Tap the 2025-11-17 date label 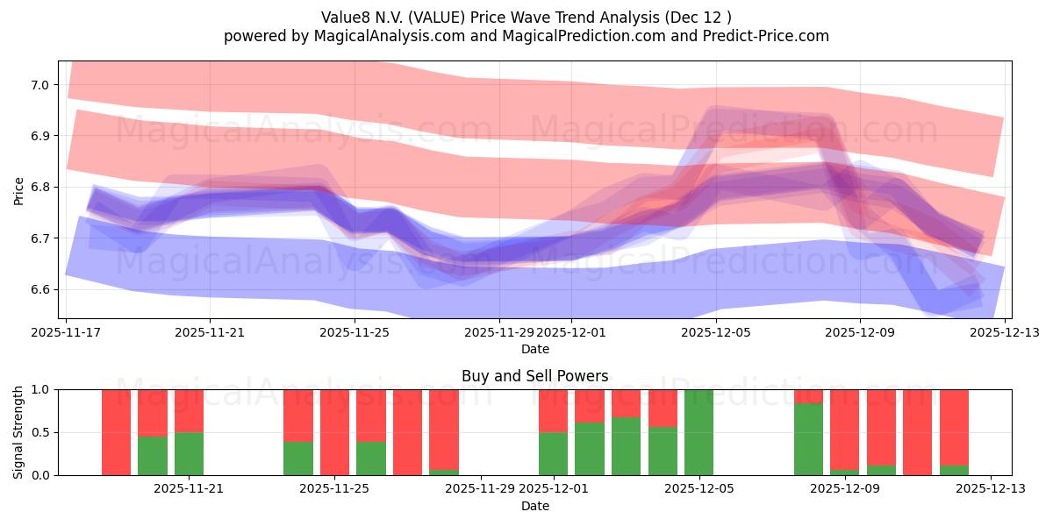tap(66, 332)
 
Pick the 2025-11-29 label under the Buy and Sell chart tap(481, 489)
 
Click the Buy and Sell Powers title tap(534, 376)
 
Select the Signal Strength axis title tap(18, 431)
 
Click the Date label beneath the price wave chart tap(534, 349)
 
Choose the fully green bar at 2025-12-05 tap(698, 432)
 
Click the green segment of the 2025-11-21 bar tap(189, 453)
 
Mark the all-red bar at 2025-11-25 tap(334, 432)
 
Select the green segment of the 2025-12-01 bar tap(553, 453)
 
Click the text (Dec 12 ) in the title tap(699, 17)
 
